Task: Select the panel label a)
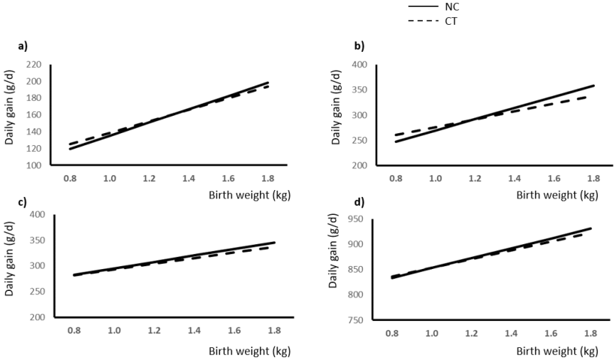23,46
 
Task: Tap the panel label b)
360,46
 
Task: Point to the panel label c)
23,201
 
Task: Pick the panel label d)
360,201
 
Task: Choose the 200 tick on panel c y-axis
38,317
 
